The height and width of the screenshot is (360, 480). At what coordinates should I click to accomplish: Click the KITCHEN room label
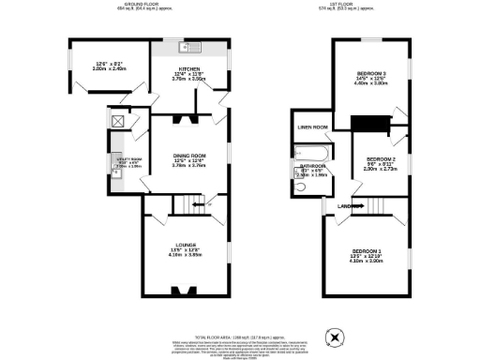tap(184, 69)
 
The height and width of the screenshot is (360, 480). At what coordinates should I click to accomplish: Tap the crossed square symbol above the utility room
tap(119, 119)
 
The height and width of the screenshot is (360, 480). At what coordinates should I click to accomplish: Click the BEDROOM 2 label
tap(378, 159)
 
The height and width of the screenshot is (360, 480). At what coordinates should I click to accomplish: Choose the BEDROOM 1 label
tap(367, 252)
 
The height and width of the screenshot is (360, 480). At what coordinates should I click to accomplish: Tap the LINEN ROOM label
tap(312, 127)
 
